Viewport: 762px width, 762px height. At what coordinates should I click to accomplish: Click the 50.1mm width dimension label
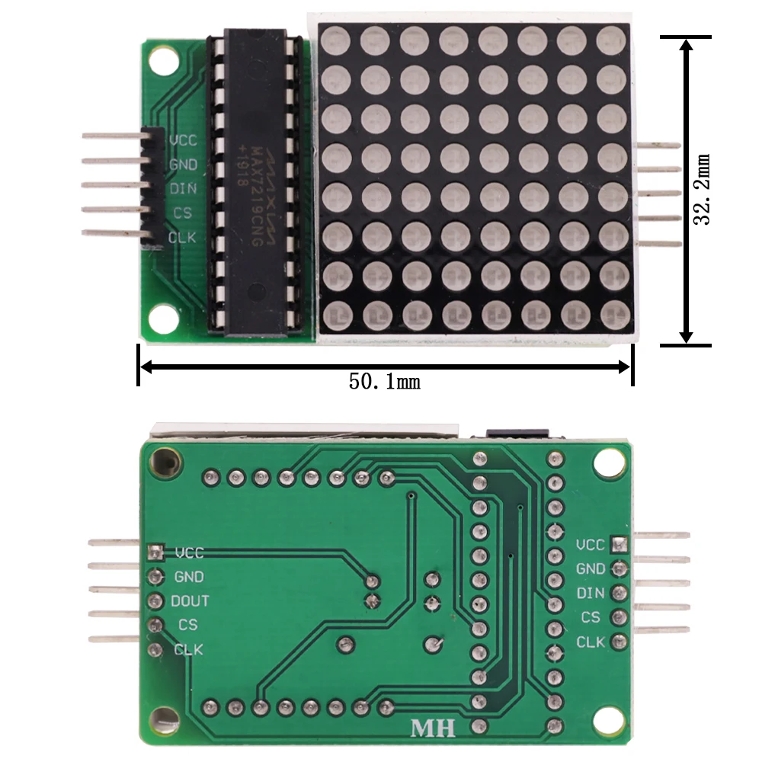(x=385, y=381)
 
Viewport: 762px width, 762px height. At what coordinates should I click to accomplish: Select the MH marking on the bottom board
(x=433, y=728)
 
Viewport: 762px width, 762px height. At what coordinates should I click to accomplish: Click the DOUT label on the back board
(x=190, y=601)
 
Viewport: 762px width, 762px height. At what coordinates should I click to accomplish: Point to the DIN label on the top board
(x=183, y=188)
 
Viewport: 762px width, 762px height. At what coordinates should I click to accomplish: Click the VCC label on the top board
(x=183, y=140)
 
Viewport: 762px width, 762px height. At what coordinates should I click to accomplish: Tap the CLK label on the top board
(x=182, y=237)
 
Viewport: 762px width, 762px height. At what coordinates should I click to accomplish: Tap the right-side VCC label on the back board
(x=591, y=545)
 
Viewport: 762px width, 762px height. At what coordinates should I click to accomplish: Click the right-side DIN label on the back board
(x=591, y=593)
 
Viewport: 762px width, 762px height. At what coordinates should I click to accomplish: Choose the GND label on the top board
(x=183, y=164)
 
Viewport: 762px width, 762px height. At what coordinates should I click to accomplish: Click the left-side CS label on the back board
(x=187, y=625)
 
